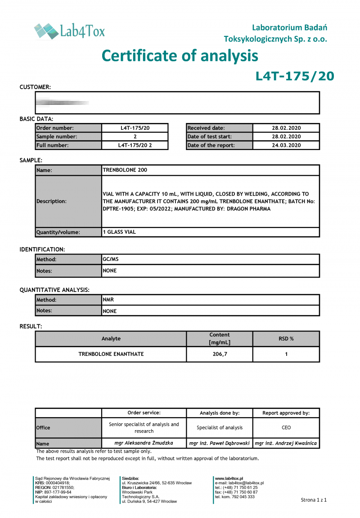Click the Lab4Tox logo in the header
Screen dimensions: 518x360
(69, 31)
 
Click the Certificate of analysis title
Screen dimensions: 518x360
(180, 56)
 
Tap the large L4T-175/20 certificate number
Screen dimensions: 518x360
(295, 76)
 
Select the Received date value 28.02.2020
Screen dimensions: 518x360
(286, 128)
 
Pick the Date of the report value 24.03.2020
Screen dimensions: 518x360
(286, 145)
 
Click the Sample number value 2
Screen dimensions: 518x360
(135, 136)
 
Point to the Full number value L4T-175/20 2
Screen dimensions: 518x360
(135, 145)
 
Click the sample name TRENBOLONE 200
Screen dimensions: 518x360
(125, 170)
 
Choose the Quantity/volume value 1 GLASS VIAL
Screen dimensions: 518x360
(119, 232)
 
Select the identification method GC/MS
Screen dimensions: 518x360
(111, 259)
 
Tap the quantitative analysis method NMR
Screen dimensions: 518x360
(108, 300)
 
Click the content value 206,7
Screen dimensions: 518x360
(220, 354)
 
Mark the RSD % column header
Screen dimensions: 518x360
(286, 339)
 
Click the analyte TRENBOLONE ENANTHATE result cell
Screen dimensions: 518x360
(111, 354)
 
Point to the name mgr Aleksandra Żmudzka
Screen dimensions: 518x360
(144, 443)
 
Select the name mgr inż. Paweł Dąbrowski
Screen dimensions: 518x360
(219, 443)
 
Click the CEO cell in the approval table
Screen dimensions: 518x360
(286, 427)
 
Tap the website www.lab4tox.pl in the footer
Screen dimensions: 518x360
(229, 478)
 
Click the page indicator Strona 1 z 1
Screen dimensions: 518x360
(314, 500)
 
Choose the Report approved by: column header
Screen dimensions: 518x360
(286, 413)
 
